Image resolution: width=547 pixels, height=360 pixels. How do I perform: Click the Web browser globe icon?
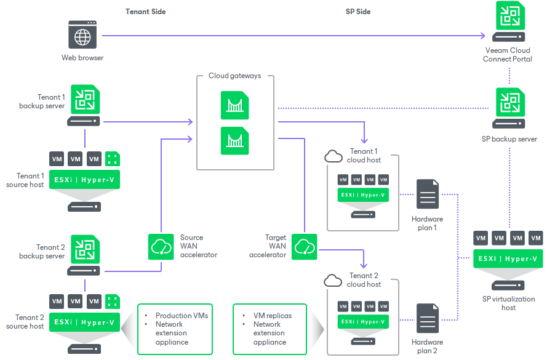pyautogui.click(x=82, y=36)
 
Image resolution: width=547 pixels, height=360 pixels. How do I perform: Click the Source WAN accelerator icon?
pyautogui.click(x=161, y=246)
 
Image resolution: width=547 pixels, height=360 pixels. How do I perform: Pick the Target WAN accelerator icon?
pyautogui.click(x=304, y=246)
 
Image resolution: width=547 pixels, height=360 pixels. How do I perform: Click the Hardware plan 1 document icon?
pyautogui.click(x=427, y=194)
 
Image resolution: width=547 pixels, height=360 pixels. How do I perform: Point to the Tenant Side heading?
pyautogui.click(x=145, y=12)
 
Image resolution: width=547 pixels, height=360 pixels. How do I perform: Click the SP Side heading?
pyautogui.click(x=358, y=12)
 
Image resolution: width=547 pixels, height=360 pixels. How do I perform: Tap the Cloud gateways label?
pyautogui.click(x=234, y=76)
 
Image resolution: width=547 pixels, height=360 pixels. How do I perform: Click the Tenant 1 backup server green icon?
pyautogui.click(x=85, y=99)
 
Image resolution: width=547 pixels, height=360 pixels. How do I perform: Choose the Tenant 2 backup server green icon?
pyautogui.click(x=85, y=249)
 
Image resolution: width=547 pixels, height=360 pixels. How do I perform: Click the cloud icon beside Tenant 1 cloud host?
pyautogui.click(x=333, y=156)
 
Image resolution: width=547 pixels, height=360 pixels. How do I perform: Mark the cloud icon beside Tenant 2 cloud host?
pyautogui.click(x=333, y=281)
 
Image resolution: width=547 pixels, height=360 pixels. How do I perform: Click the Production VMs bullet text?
pyautogui.click(x=182, y=316)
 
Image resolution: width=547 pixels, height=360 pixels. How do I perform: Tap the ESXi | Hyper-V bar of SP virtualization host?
pyautogui.click(x=508, y=259)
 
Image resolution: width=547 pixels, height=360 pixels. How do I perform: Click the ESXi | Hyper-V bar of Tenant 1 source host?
pyautogui.click(x=85, y=179)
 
